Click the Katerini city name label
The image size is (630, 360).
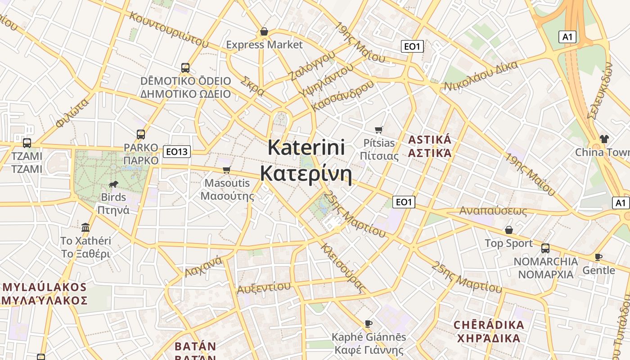pos(306,161)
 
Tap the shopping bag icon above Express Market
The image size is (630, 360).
pos(264,32)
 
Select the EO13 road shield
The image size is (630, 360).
pos(176,152)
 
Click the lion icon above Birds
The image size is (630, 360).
pos(113,184)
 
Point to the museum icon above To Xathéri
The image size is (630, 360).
pos(85,227)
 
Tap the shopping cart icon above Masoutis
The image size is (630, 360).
pos(227,170)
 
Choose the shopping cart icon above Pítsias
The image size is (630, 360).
pos(379,130)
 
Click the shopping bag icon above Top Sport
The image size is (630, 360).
pos(509,230)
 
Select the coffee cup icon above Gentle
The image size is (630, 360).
pos(598,257)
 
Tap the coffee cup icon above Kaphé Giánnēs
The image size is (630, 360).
pos(369,324)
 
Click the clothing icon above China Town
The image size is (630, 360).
pos(604,139)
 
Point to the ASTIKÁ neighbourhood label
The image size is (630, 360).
pos(429,146)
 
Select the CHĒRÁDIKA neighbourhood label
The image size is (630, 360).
pos(489,331)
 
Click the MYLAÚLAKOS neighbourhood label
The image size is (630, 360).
pos(44,293)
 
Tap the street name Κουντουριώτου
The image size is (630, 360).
pos(169,30)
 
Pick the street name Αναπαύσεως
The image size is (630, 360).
pos(493,211)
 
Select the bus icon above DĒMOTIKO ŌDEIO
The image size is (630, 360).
pos(185,68)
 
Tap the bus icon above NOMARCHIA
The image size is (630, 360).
pos(545,248)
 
